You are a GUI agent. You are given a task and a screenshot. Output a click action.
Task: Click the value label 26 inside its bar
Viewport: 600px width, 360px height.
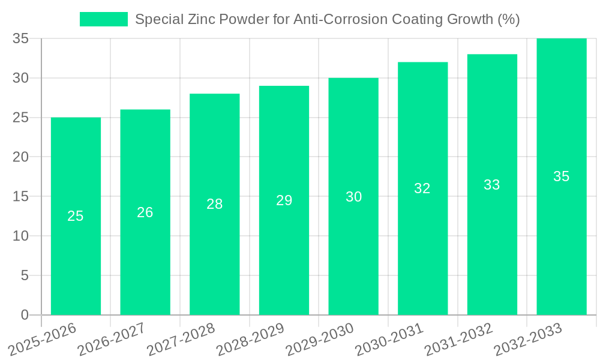[145, 212]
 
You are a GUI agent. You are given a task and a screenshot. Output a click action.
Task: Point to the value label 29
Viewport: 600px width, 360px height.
[284, 200]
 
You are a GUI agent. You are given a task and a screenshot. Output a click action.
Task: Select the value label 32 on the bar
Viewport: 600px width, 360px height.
[422, 188]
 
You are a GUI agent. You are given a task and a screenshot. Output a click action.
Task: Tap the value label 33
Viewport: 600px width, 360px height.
[492, 185]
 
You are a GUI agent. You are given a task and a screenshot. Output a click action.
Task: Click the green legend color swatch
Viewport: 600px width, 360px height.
[104, 19]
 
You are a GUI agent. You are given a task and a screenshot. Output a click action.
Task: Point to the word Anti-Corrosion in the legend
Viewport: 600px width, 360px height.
[338, 19]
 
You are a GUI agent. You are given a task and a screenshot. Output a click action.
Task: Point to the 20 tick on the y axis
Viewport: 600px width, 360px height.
[21, 157]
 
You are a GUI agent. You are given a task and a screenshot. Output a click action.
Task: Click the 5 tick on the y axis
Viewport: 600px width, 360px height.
[25, 275]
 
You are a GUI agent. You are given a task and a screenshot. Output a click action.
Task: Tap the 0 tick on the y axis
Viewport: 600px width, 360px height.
[25, 315]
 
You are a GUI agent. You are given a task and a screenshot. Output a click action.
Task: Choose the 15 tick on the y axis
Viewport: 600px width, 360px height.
[21, 197]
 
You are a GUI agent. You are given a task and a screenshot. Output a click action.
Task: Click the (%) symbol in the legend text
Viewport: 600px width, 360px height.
[508, 19]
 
